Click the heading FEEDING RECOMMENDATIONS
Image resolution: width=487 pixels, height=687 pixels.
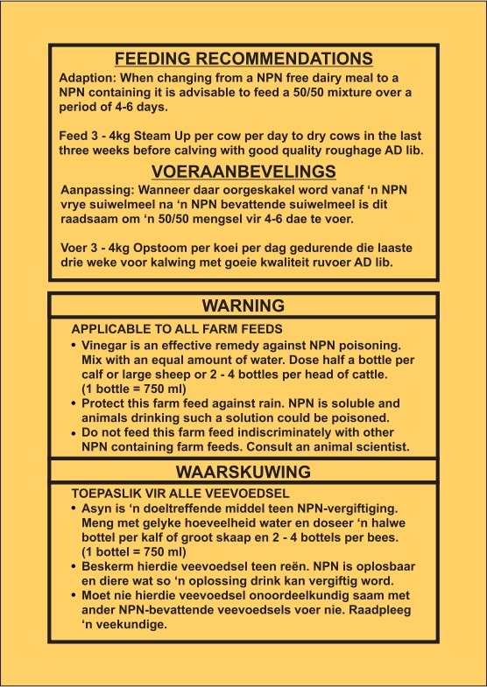244,59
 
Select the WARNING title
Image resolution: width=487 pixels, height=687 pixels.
243,305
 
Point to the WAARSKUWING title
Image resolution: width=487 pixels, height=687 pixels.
243,472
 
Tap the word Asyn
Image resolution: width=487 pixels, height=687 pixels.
95,508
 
